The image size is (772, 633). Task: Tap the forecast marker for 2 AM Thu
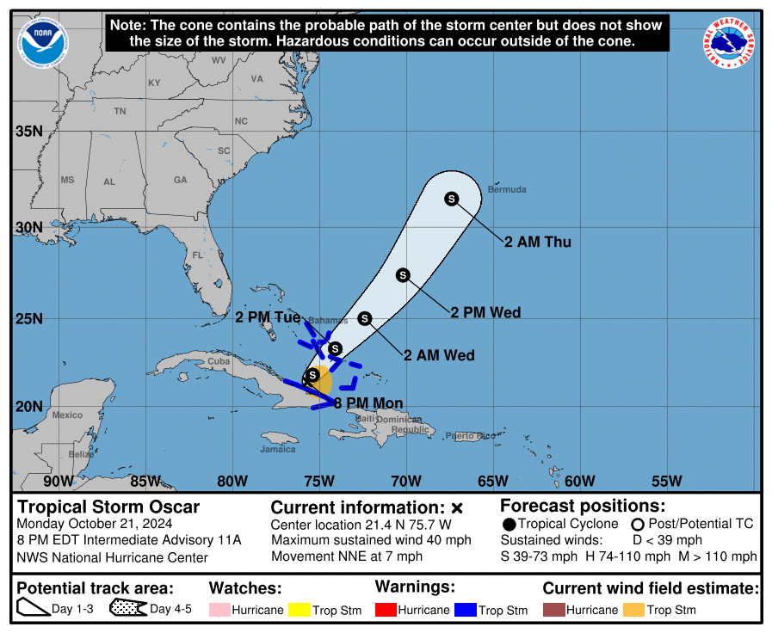[451, 200]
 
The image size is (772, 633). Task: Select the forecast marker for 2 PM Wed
[403, 275]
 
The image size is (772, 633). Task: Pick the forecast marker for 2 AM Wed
[364, 319]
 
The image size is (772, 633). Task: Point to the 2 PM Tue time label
[268, 317]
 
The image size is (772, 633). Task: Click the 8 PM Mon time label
[368, 403]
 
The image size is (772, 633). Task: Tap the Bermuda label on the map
[506, 189]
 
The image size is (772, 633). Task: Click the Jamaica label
[278, 449]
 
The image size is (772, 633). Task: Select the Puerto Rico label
[471, 436]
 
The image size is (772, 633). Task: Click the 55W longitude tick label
[666, 481]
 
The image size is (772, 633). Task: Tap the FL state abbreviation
[197, 255]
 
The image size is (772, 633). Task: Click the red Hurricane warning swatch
[387, 610]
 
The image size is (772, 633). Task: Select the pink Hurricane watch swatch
[221, 610]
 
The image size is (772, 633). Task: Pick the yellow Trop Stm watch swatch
[300, 610]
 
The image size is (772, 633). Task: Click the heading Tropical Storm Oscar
[108, 507]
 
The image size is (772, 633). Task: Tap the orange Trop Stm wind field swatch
[634, 610]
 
